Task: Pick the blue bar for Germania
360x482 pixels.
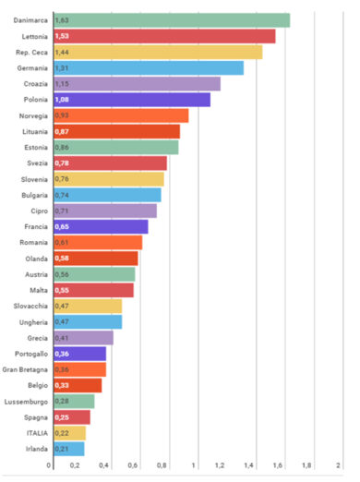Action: point(149,67)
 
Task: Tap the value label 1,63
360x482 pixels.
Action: point(62,20)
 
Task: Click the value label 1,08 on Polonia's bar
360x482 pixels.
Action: point(62,100)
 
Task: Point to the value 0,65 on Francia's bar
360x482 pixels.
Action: point(62,226)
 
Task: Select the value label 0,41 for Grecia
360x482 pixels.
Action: point(62,338)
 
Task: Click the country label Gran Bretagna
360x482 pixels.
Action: point(26,369)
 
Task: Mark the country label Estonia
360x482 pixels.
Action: point(36,147)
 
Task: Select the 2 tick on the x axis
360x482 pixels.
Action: point(339,465)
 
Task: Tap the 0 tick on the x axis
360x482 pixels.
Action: point(49,465)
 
